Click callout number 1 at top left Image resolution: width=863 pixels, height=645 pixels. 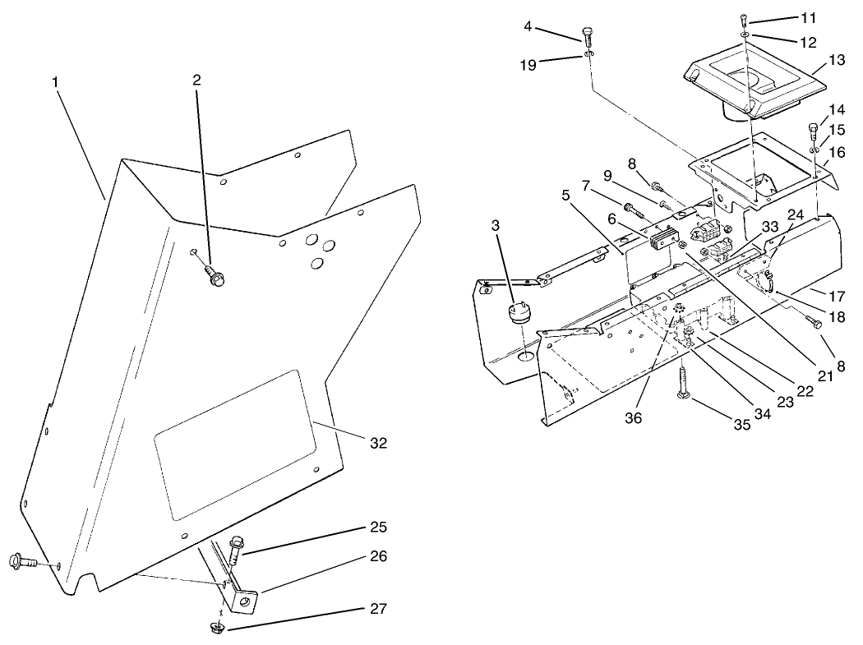tap(55, 84)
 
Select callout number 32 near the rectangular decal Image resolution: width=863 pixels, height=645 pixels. tap(378, 443)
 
